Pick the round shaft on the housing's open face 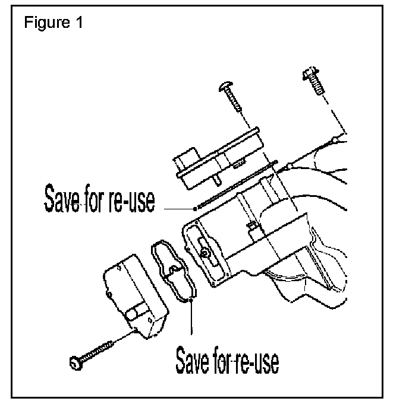(x=205, y=252)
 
